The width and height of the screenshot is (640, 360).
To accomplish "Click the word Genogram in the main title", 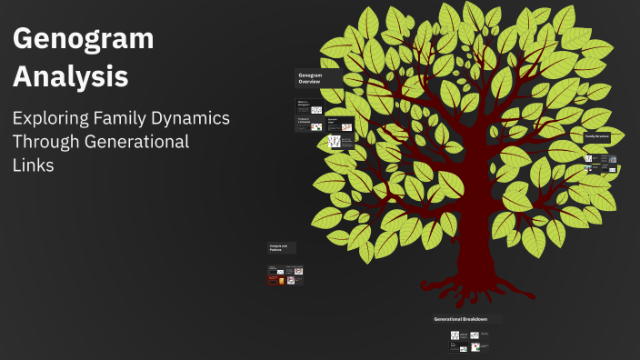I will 83,40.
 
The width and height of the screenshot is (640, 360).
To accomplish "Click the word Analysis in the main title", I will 71,77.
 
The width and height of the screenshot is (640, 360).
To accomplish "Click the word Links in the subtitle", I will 33,165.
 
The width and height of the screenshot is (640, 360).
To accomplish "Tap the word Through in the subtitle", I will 44,142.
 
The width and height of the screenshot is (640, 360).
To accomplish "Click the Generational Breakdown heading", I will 461,319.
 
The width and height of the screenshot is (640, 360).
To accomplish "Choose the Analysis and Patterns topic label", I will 279,247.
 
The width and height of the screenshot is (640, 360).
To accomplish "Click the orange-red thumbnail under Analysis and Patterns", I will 273,280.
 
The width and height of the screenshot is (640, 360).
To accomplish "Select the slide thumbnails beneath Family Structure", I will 601,164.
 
